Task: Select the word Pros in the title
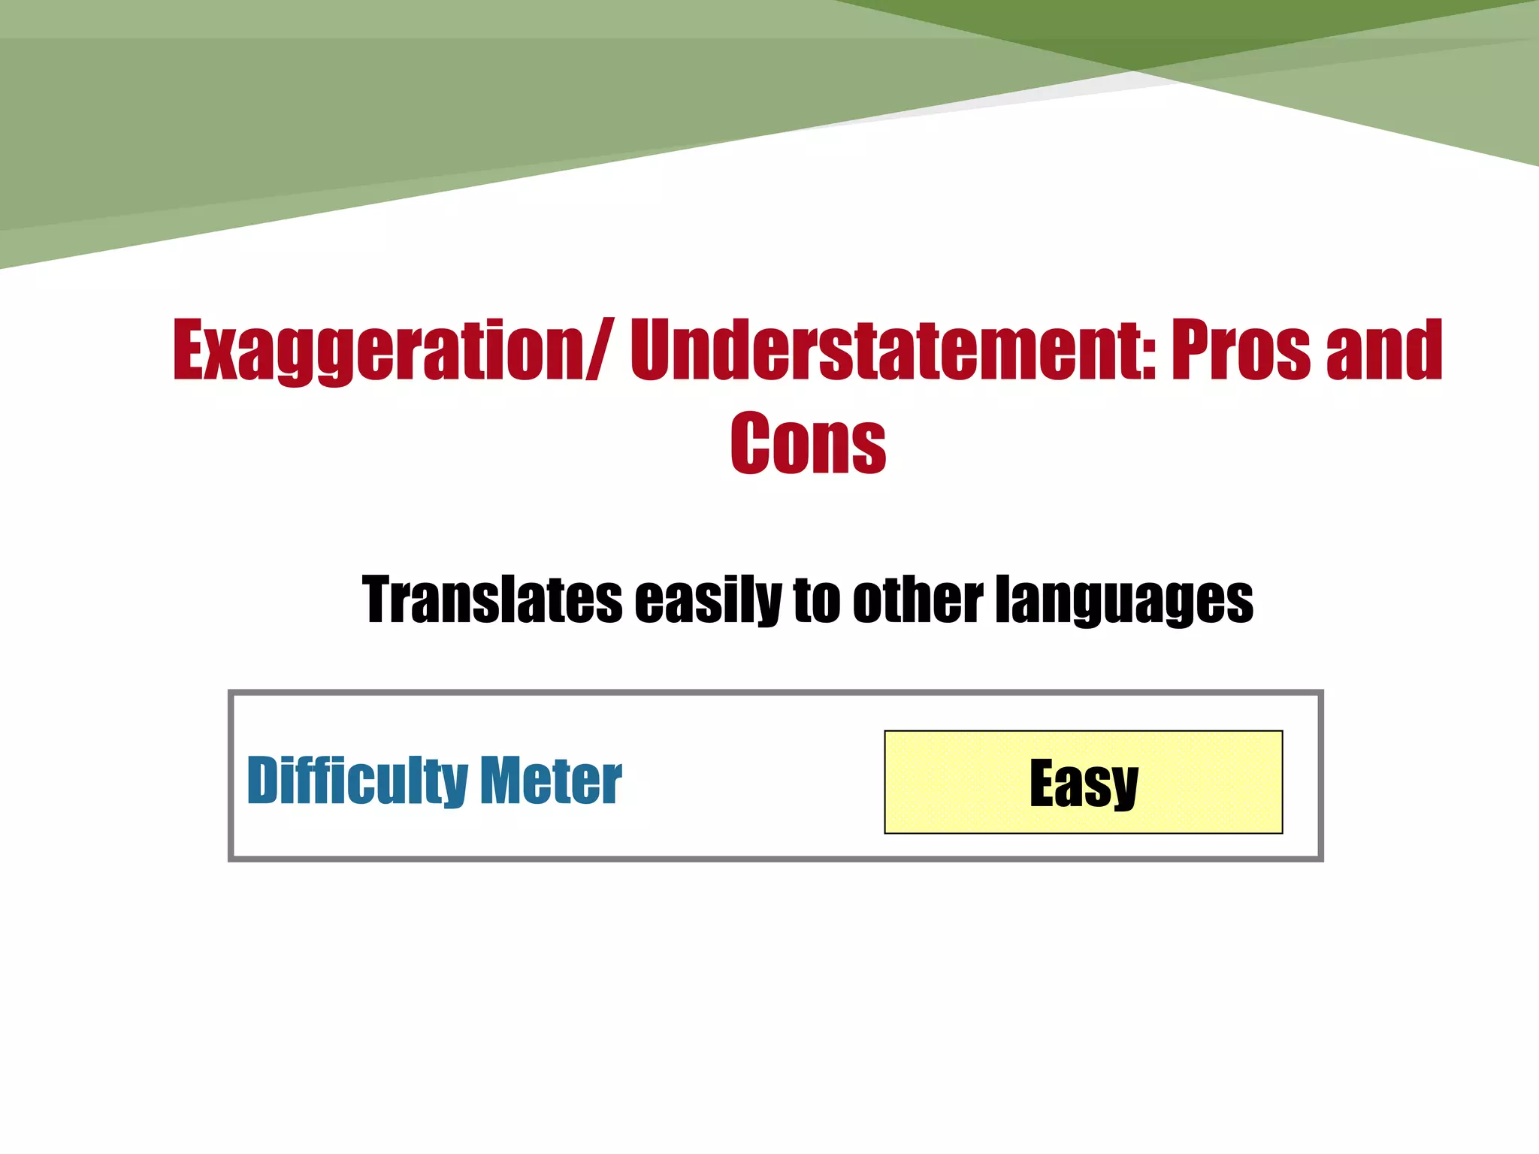(1241, 350)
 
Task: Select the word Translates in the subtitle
(492, 600)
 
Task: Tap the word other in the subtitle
(918, 600)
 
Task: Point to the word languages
(1124, 600)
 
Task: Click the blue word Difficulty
(358, 781)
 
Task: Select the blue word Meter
(551, 781)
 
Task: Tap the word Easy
(1084, 783)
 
